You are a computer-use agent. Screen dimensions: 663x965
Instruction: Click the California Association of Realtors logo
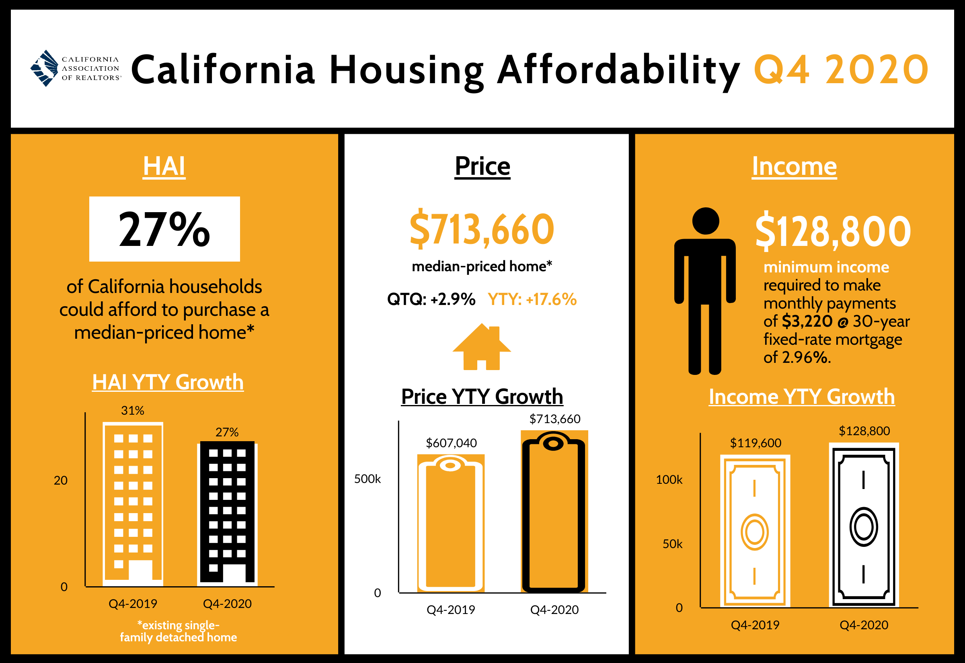(76, 69)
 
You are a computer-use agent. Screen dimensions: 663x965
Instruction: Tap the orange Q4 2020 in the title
(841, 70)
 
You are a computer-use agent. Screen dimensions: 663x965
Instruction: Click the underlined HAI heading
(164, 167)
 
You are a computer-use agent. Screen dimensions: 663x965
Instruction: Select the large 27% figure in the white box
(164, 229)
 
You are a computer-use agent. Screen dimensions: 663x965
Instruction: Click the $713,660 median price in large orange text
(482, 229)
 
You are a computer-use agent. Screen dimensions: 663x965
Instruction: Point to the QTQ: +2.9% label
(431, 299)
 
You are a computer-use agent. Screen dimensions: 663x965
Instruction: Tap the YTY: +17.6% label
(532, 299)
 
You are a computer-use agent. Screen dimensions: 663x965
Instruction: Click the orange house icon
(482, 347)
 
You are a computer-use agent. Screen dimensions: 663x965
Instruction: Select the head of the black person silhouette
(705, 221)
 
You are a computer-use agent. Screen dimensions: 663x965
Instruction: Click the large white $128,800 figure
(833, 231)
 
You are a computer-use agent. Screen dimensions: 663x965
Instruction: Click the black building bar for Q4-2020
(227, 512)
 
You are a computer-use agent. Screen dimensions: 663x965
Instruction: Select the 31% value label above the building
(133, 410)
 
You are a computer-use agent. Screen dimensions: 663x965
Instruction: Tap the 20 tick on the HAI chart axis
(61, 480)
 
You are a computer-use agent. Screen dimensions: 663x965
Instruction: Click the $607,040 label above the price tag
(451, 443)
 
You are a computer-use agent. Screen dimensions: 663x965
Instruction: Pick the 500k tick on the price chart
(368, 479)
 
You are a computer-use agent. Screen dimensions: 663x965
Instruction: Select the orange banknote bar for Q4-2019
(755, 530)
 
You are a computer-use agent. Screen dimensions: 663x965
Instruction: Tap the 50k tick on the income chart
(672, 544)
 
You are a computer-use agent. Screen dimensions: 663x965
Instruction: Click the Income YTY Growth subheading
(801, 397)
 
